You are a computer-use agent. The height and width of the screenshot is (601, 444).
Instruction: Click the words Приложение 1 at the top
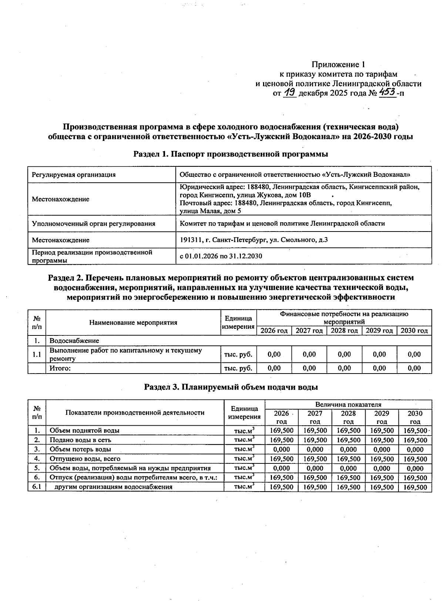pos(338,64)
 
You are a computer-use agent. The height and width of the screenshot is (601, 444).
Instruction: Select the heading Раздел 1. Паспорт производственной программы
pos(231,154)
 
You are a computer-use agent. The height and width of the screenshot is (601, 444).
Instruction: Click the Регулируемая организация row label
pos(74,175)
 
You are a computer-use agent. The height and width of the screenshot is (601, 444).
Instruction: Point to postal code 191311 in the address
pos(190,240)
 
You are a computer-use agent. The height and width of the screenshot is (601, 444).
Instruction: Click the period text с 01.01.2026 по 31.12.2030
pos(221,256)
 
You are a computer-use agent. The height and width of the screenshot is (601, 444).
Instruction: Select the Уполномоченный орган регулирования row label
pos(94,223)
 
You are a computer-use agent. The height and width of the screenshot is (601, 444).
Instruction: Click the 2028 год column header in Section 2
pos(344,331)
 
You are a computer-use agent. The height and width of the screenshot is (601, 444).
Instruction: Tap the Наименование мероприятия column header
pos(133,323)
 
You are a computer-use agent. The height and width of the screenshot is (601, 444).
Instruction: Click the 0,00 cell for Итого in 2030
pos(414,368)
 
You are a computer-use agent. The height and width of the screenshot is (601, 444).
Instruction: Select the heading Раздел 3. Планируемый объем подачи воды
pos(231,387)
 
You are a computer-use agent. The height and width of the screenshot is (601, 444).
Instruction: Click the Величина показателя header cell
pos(348,405)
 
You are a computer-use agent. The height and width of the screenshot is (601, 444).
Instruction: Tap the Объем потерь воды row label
pos(80,449)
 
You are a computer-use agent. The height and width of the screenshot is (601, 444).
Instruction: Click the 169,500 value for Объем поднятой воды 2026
pos(282,431)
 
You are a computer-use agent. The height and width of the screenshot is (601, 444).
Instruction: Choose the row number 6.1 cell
pos(37,487)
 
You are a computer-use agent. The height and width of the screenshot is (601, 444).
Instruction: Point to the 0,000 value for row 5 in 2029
pos(381,468)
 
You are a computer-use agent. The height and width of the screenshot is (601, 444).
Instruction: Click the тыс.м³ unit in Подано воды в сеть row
pos(244,440)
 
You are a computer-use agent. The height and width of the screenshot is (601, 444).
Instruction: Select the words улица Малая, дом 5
pos(210,211)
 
